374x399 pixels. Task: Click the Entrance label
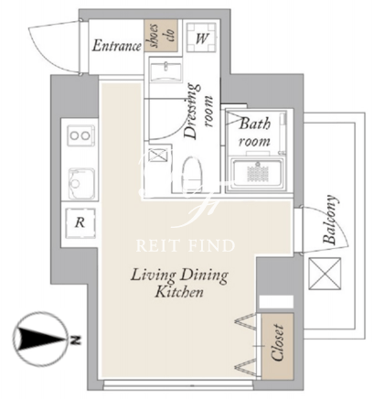(117, 46)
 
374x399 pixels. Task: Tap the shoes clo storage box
(161, 35)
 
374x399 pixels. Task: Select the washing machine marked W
(201, 38)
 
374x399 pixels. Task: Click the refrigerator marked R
(80, 223)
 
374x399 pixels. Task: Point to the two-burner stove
(80, 135)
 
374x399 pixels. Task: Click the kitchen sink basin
(81, 183)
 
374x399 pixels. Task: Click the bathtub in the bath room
(258, 174)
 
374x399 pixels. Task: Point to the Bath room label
(254, 133)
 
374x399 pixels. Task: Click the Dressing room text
(198, 111)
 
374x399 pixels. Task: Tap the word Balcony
(331, 220)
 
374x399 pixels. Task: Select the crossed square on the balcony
(325, 274)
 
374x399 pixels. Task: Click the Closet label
(278, 342)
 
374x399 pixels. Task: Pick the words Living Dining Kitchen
(179, 283)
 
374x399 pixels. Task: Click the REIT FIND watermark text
(186, 246)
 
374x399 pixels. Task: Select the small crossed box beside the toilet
(158, 155)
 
